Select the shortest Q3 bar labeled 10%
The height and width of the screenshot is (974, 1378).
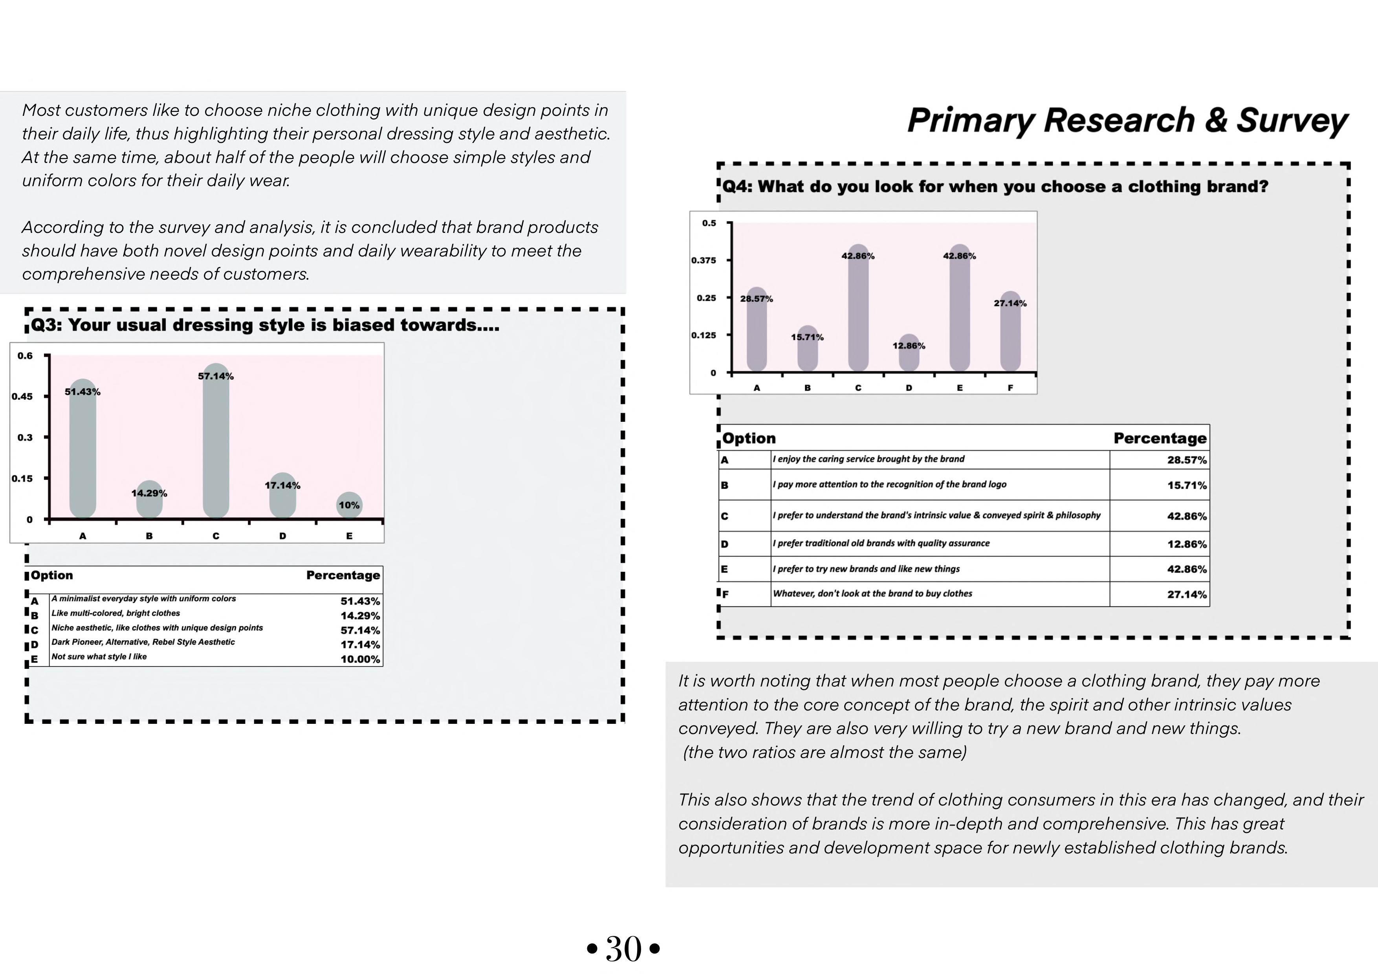point(349,505)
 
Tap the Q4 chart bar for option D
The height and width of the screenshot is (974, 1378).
point(909,354)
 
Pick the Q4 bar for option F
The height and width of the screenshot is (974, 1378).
point(1010,336)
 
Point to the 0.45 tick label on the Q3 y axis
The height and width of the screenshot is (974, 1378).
point(22,397)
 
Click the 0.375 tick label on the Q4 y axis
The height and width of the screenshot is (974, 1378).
point(704,260)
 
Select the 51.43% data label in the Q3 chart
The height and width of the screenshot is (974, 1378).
point(83,392)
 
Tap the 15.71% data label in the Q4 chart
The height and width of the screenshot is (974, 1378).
point(807,337)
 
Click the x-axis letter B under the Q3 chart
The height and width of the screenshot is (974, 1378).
point(149,536)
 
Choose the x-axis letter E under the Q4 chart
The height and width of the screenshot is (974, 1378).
point(960,388)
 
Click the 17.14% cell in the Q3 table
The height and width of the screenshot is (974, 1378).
point(360,644)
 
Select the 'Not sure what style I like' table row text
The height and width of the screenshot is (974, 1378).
point(99,657)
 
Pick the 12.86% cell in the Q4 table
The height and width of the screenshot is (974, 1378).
point(1187,544)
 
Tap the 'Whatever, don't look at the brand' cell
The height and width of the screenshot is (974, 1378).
point(872,593)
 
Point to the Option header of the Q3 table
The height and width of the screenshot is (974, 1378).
point(52,575)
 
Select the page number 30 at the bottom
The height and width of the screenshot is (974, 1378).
point(623,949)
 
